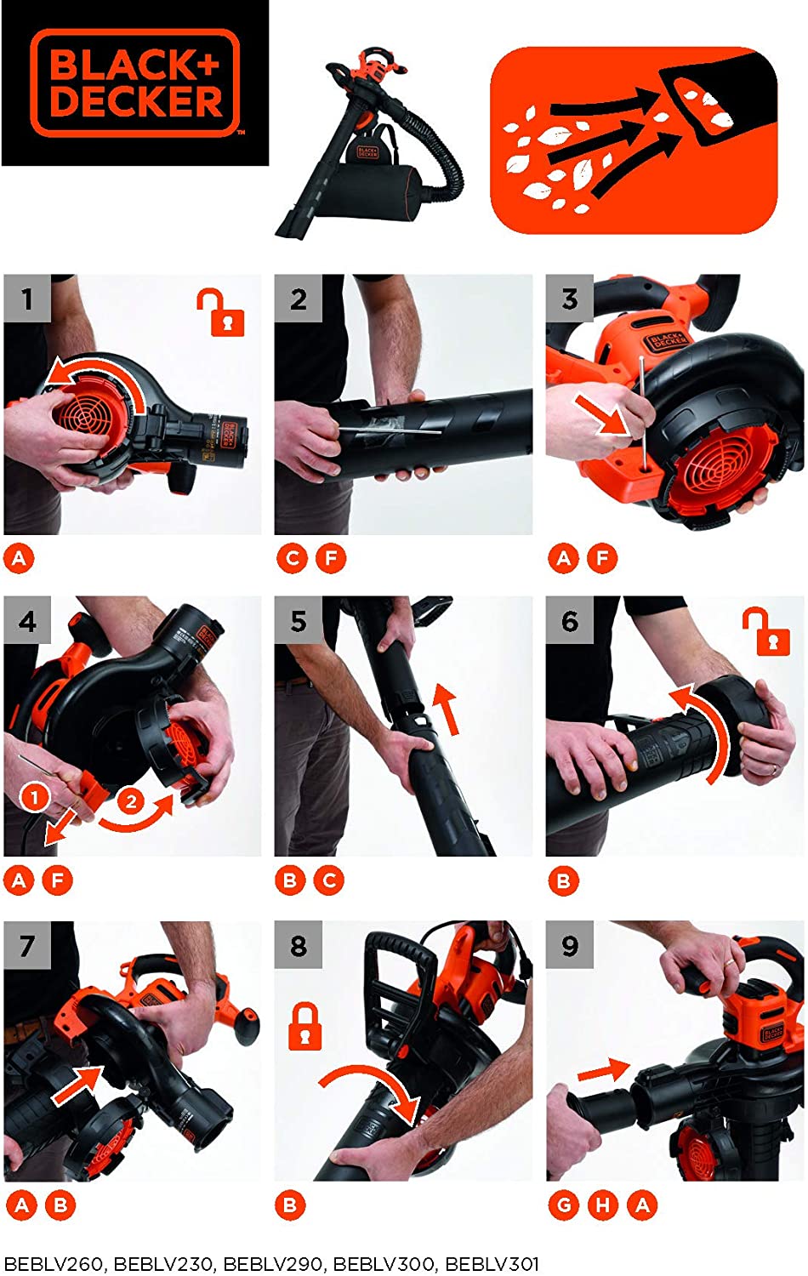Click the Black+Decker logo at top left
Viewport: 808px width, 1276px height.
point(135,83)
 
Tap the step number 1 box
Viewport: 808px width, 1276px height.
point(27,299)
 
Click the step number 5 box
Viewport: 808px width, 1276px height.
point(298,620)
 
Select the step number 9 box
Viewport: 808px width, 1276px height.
point(569,945)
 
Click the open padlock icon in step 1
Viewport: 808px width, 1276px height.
point(221,312)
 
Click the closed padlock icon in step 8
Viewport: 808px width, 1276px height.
point(304,1026)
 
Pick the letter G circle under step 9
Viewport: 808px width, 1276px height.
point(563,1205)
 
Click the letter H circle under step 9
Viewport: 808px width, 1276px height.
point(603,1205)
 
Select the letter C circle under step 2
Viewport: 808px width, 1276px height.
point(292,559)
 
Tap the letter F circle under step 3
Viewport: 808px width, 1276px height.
point(603,559)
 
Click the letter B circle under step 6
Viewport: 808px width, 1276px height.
point(563,881)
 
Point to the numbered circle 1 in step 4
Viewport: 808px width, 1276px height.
point(35,797)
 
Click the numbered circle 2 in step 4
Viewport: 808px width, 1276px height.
point(130,802)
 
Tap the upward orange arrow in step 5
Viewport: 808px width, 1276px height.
point(447,709)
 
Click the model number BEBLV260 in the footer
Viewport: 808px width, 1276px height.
point(54,1264)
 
